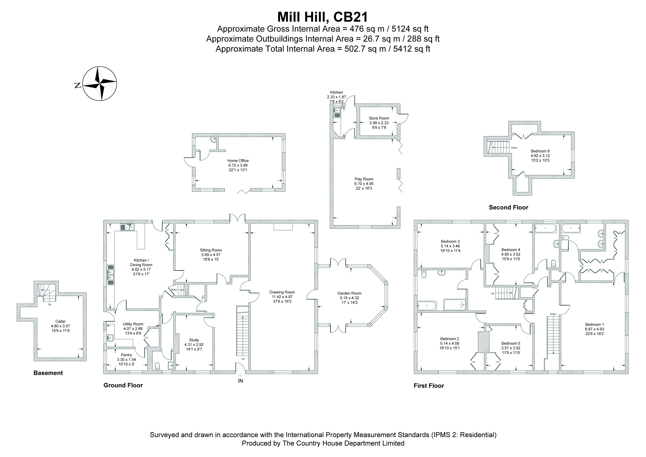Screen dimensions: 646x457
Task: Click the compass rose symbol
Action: pos(100,84)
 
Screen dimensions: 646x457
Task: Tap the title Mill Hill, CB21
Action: pos(322,17)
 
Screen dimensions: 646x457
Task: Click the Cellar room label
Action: pos(60,321)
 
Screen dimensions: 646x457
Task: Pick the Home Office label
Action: pos(238,161)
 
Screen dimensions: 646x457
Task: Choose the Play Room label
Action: pos(364,179)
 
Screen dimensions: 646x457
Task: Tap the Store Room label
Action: pos(379,118)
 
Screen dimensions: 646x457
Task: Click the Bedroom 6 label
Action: pos(540,151)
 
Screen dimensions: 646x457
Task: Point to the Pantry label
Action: pos(126,355)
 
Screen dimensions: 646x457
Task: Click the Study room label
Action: pos(194,340)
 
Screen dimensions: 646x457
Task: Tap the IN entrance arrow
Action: pos(240,375)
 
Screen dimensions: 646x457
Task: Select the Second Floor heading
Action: pos(509,207)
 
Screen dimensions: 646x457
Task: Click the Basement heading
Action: pos(48,373)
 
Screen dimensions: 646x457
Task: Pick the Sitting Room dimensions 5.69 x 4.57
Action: pos(211,255)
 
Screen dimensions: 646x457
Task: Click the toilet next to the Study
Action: pos(157,366)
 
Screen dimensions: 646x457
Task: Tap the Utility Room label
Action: pos(133,324)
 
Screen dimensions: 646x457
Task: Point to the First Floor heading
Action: pos(429,386)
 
